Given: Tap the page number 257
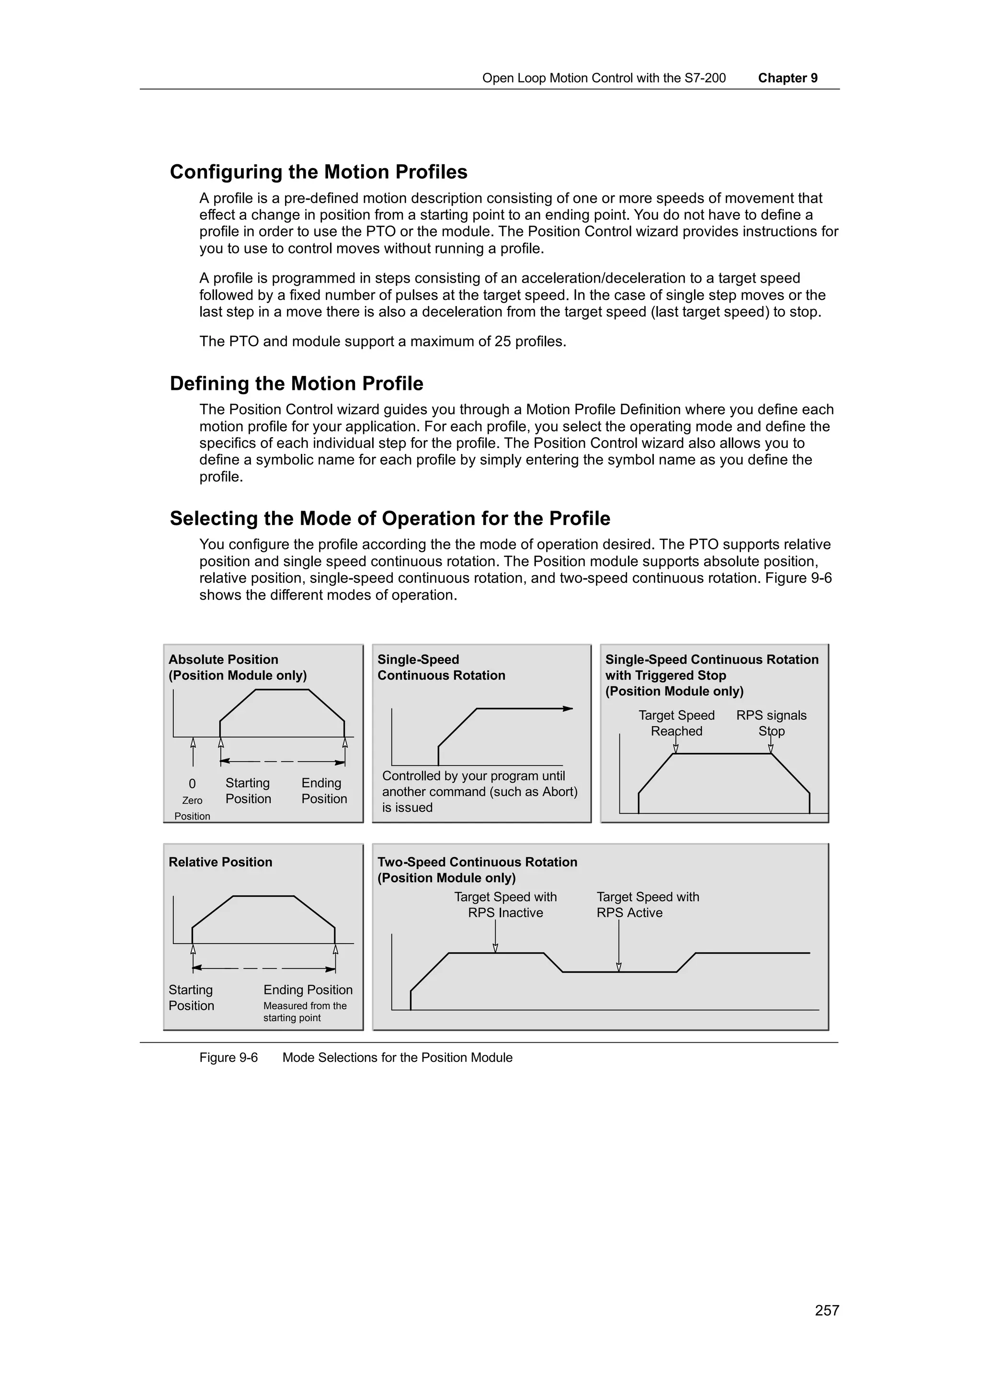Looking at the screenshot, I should (826, 1310).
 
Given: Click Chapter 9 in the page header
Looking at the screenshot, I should (787, 78).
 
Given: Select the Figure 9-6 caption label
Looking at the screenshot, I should (228, 1058).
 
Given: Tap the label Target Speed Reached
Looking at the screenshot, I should (676, 723).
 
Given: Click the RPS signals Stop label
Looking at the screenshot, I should (771, 723).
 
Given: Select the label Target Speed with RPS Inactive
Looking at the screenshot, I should (505, 905).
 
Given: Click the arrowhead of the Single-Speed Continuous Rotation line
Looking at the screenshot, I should (568, 708).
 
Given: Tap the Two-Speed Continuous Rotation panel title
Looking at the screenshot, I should (477, 862).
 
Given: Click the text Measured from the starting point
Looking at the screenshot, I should (305, 1012).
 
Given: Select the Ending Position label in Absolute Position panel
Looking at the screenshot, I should (324, 791).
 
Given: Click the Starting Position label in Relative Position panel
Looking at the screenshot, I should (191, 998).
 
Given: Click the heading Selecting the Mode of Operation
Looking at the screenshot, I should (389, 518).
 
